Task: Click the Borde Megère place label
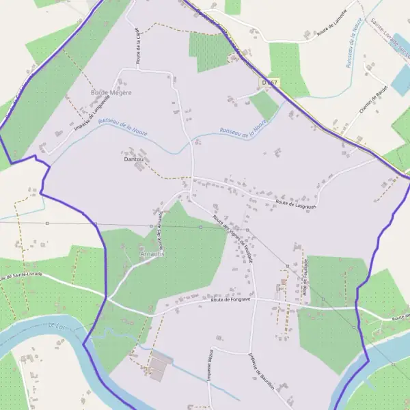(111, 92)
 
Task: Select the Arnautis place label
(152, 254)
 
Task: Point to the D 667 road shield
(269, 83)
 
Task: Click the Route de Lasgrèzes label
(298, 203)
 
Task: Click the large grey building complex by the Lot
(159, 368)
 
